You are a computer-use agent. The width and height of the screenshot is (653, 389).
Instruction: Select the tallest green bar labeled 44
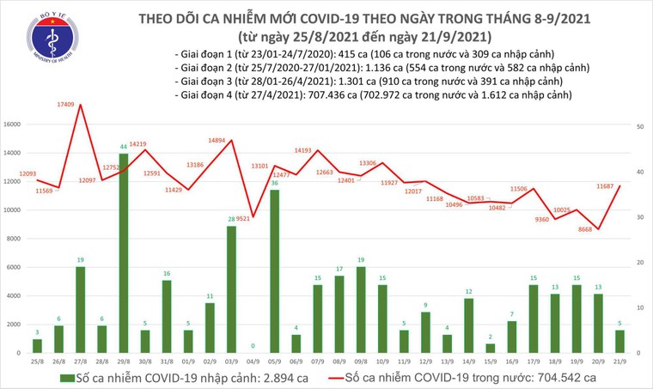point(124,253)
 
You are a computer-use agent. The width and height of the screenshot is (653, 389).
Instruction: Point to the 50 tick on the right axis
point(640,125)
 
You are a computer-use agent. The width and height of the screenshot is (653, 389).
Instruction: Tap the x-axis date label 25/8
point(38,362)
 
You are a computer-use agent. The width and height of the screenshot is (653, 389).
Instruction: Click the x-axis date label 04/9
point(253,362)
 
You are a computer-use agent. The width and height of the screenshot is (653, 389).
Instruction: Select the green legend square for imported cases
point(65,377)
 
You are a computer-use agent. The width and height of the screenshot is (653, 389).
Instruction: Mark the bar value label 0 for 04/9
point(253,346)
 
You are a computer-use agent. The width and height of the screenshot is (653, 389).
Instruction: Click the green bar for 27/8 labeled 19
point(81,309)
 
